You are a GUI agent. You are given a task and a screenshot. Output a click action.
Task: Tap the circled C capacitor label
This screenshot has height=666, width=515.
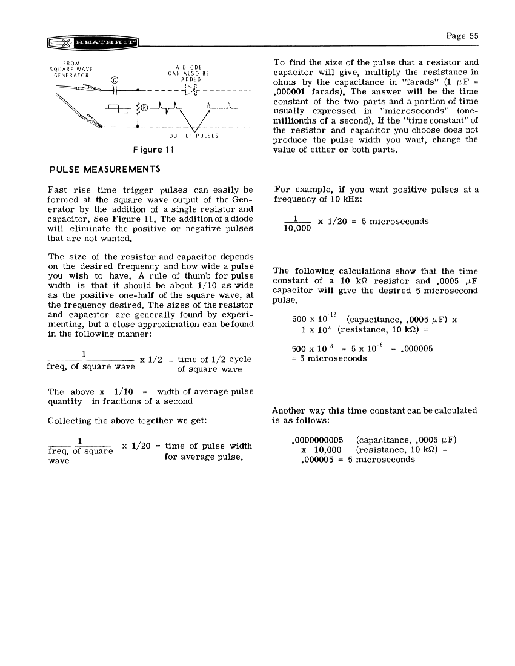click(x=115, y=79)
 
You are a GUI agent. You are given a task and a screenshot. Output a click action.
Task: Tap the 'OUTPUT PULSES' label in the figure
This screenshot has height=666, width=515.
click(x=194, y=136)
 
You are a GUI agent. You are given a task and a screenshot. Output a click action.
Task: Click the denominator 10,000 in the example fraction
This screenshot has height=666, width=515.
click(x=297, y=229)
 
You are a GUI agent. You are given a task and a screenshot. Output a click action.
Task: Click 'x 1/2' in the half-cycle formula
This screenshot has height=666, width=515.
click(x=152, y=360)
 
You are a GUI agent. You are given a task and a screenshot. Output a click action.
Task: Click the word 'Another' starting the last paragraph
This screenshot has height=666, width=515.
click(x=290, y=410)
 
